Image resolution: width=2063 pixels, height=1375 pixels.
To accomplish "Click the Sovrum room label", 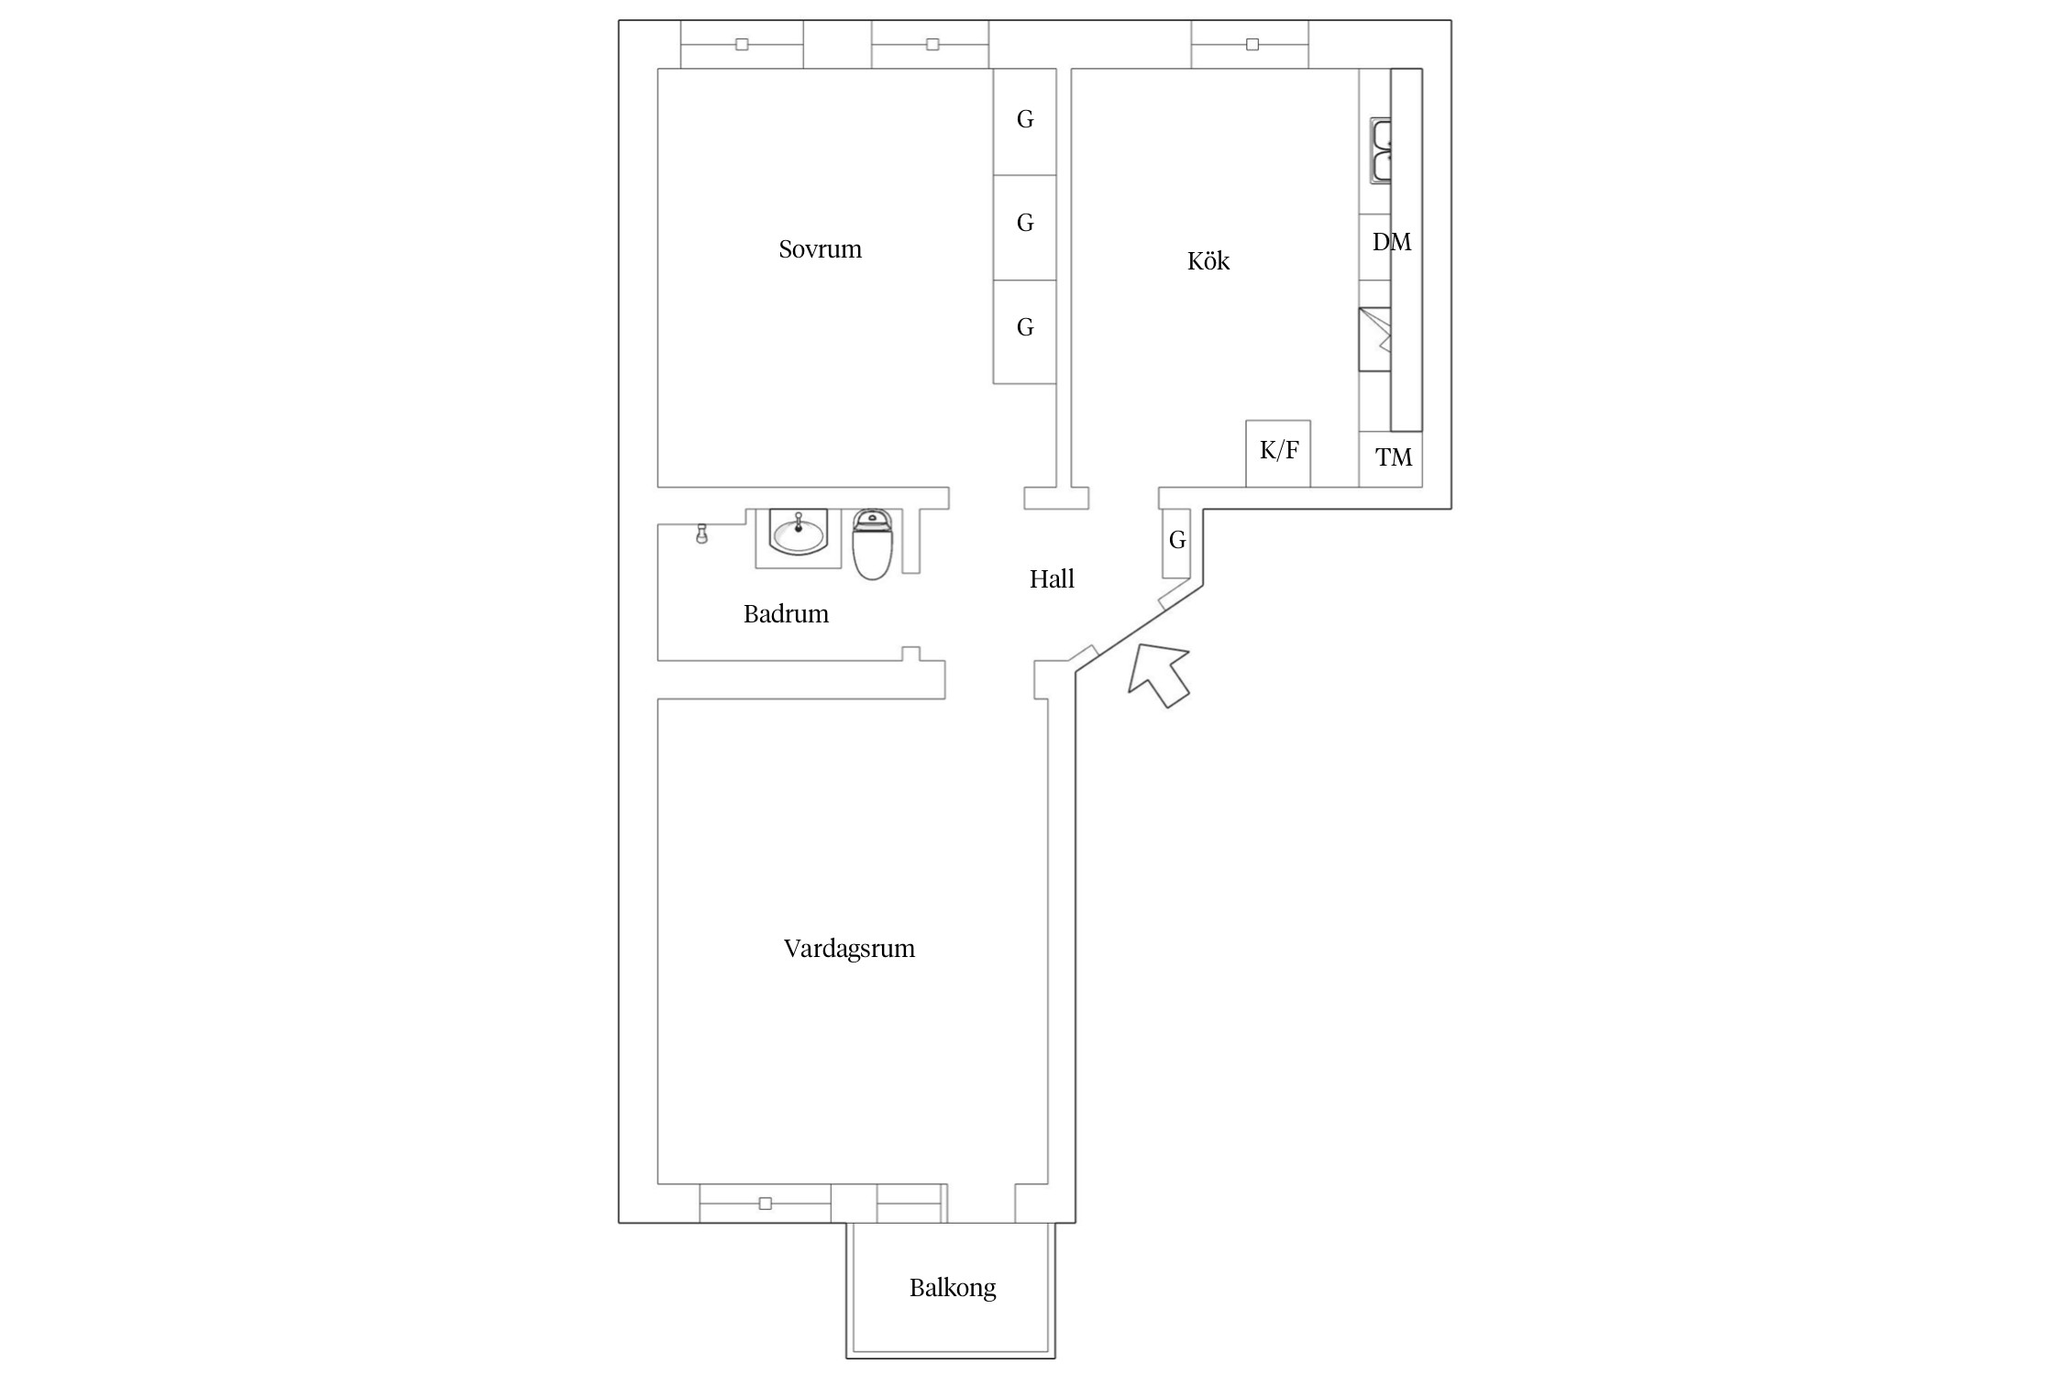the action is (x=820, y=249).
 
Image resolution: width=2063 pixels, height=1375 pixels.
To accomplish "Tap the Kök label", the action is (x=1208, y=261).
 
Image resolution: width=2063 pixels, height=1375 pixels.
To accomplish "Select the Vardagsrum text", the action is (x=849, y=949).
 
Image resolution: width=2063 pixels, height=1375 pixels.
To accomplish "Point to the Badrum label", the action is (x=786, y=614).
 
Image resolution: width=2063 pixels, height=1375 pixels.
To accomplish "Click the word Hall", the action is (x=1052, y=579).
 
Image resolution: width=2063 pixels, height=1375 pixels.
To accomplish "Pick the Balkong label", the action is (x=953, y=1289).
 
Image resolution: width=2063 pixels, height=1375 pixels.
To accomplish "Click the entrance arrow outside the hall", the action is (x=1159, y=675).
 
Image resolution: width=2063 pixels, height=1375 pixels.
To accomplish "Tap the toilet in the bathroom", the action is (x=873, y=544).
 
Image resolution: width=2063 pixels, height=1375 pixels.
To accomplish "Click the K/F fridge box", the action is (x=1278, y=453).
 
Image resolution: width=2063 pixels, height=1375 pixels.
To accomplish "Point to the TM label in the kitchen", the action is (x=1394, y=457).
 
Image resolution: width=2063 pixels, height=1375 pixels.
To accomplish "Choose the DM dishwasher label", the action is (x=1391, y=242).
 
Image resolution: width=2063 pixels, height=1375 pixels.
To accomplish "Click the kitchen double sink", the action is (x=1381, y=150).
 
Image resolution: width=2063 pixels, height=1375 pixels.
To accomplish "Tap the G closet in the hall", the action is (x=1177, y=542).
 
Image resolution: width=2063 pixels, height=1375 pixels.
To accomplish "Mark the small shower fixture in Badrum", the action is (x=701, y=533).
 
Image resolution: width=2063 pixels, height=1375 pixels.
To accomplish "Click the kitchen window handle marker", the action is (x=1252, y=44).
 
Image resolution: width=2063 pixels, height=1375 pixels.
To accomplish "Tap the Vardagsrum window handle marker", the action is (x=766, y=1204).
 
